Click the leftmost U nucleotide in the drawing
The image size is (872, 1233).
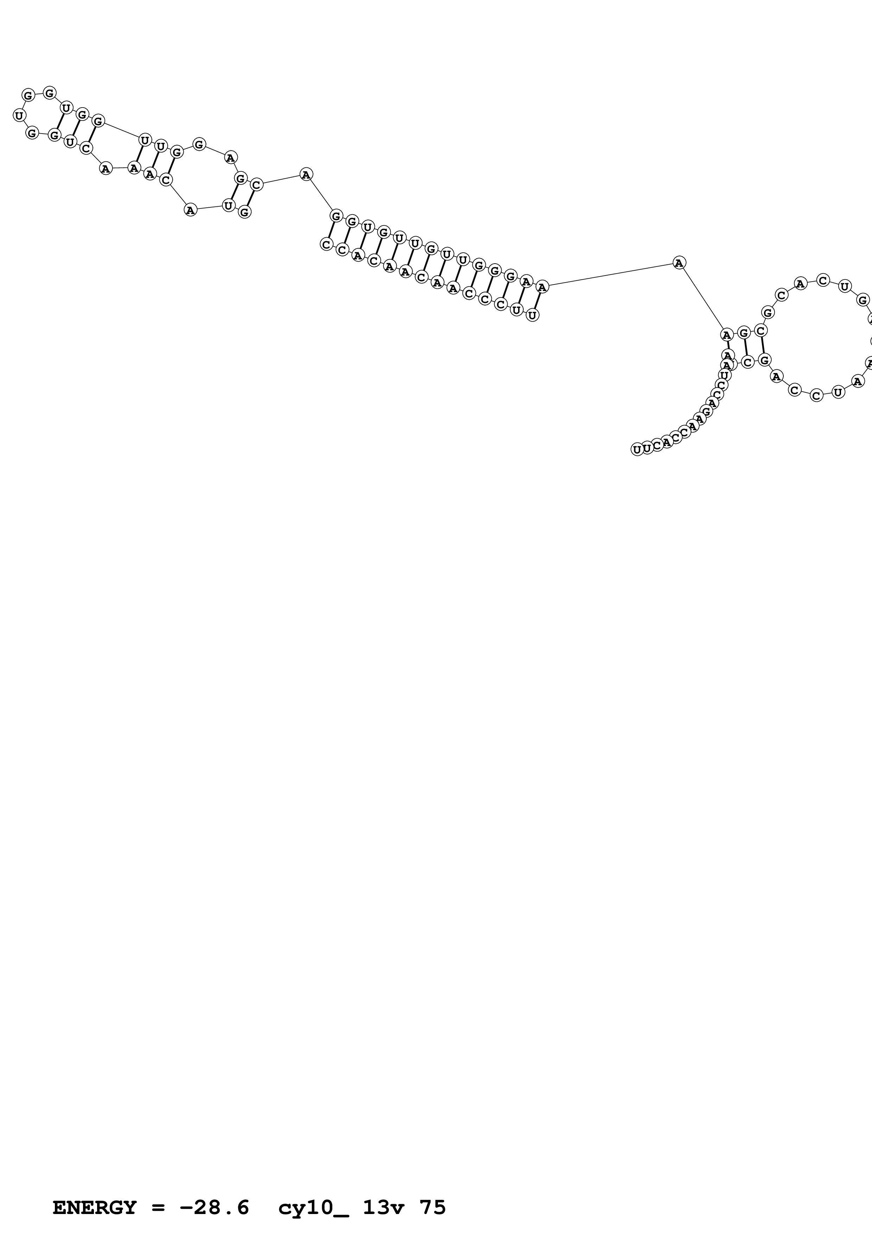pos(19,115)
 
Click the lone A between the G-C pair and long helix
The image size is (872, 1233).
pos(306,175)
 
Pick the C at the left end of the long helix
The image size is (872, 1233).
pos(326,244)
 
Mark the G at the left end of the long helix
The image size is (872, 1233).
pos(336,216)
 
